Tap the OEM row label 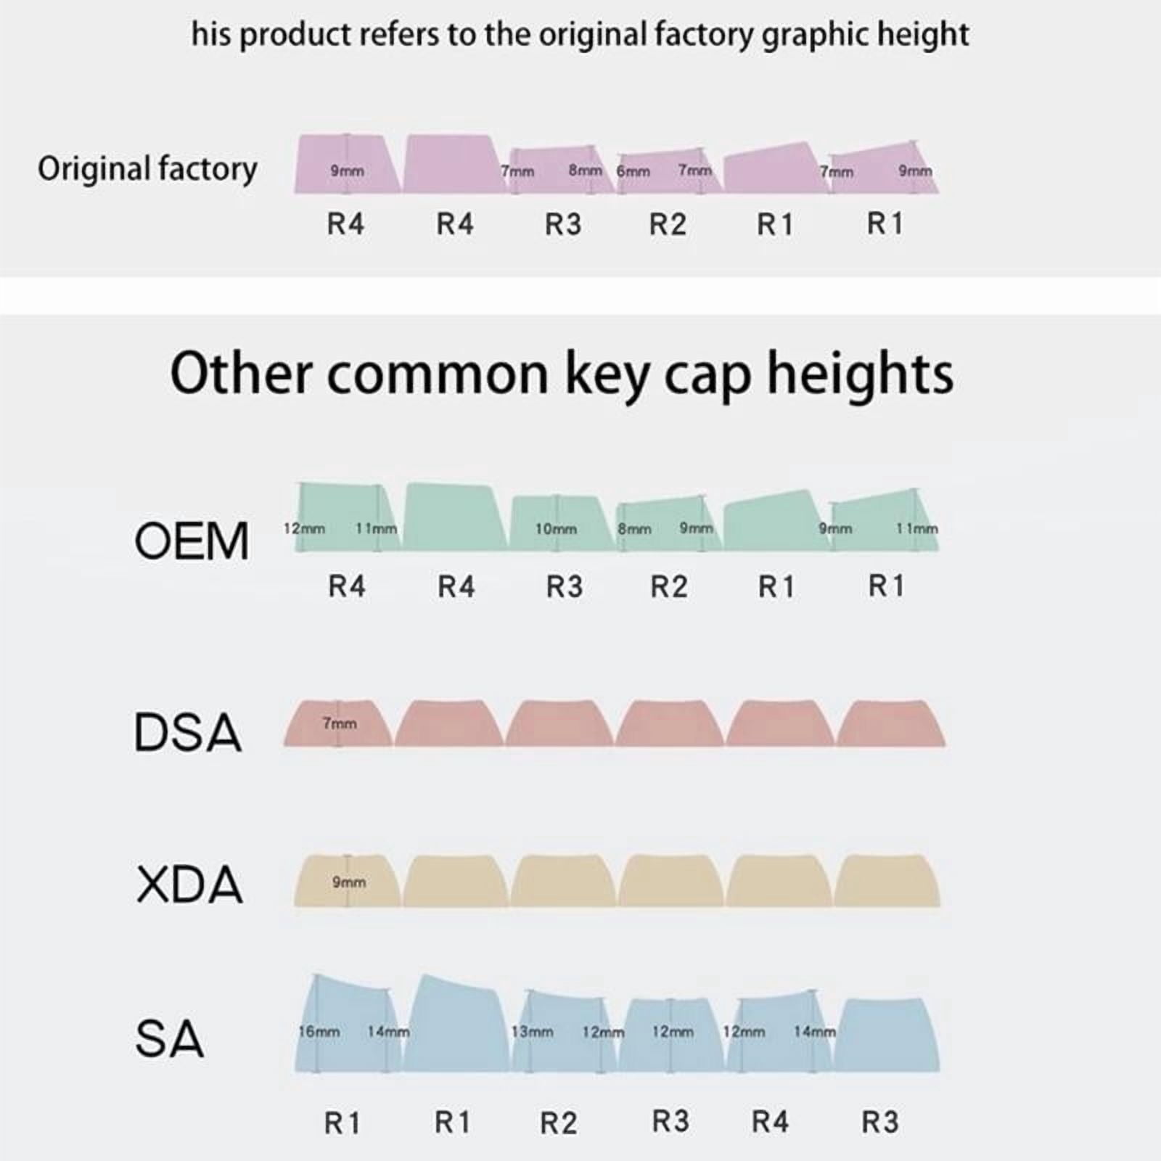192,541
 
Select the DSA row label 187,732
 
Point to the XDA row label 189,885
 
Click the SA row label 169,1038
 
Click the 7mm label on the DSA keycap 340,723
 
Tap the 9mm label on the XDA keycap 349,882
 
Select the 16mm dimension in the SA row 319,1031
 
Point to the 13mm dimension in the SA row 533,1031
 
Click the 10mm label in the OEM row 556,529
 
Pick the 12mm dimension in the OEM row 304,528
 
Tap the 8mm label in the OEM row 634,529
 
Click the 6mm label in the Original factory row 633,172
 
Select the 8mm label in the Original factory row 586,171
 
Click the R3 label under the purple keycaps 563,225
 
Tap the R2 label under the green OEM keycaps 668,586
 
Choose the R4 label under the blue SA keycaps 770,1122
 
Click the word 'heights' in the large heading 861,374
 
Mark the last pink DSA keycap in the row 891,723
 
